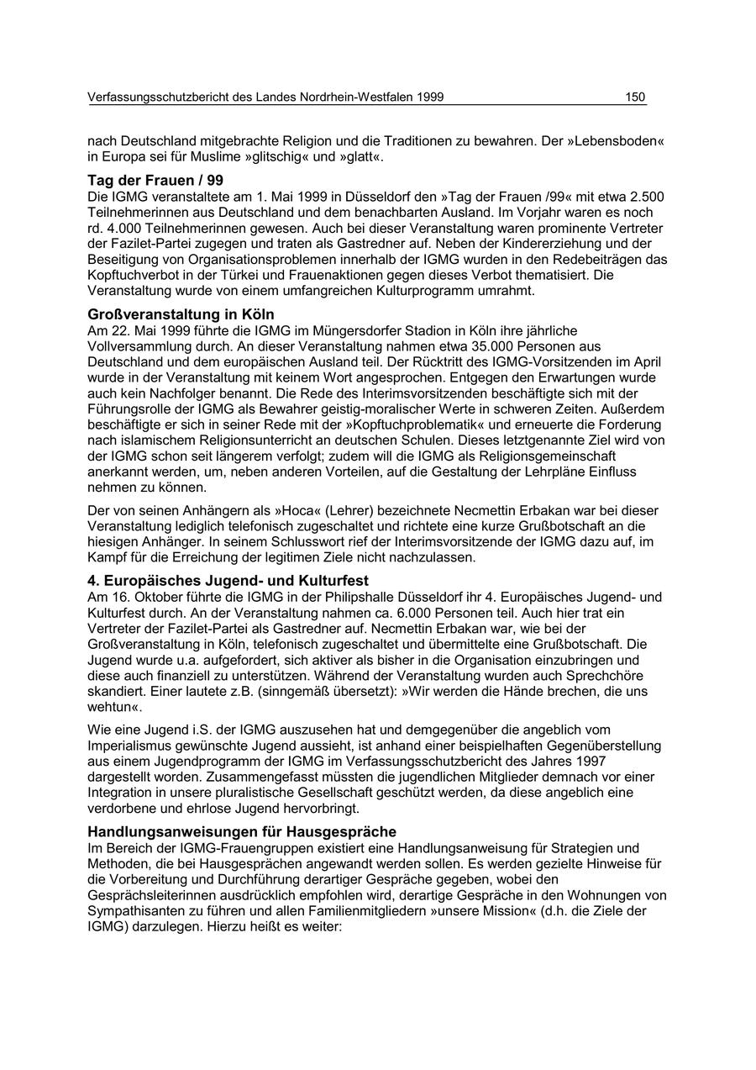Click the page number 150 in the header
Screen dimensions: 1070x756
tap(635, 98)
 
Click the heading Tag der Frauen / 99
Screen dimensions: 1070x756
tap(155, 181)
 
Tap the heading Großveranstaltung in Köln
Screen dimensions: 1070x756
tap(181, 314)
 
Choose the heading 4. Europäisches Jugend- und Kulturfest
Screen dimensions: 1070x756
tap(228, 581)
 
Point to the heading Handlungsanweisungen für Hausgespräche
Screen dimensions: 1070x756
tap(242, 832)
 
